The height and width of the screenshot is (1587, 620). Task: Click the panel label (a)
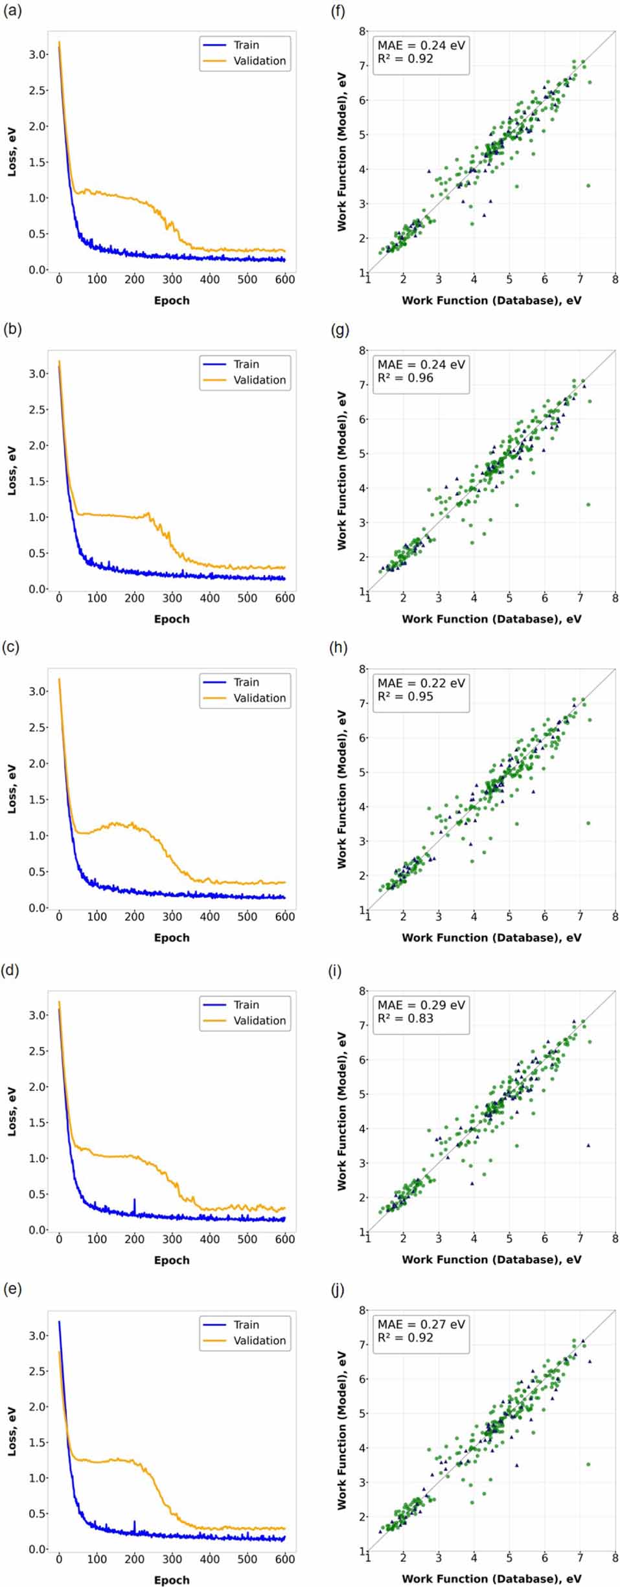(12, 11)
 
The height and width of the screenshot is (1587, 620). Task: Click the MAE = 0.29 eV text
(421, 1005)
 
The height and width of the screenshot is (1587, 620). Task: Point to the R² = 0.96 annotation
(406, 378)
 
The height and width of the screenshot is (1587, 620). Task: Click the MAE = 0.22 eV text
(421, 683)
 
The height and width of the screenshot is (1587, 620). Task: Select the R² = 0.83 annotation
(406, 1019)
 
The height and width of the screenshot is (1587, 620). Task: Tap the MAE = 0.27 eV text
(421, 1324)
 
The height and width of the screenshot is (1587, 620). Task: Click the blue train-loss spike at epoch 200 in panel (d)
(135, 1204)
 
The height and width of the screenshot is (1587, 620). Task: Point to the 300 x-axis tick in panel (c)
(172, 916)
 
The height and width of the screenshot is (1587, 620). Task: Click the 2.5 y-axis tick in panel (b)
(38, 410)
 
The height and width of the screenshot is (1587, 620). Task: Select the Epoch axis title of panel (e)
(172, 1580)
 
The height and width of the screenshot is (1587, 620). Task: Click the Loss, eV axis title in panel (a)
(12, 152)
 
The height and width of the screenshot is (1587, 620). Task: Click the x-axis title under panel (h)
(491, 938)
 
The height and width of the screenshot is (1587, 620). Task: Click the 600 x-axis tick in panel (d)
(285, 1239)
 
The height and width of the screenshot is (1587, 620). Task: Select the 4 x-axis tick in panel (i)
(474, 1239)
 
